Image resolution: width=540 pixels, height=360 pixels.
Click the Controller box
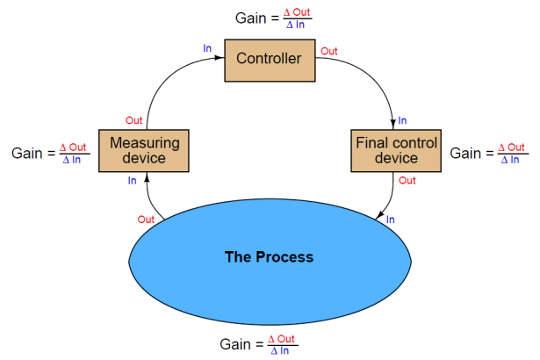(269, 60)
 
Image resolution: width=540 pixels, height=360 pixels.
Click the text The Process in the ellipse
(269, 257)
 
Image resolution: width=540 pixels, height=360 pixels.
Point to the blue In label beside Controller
(207, 49)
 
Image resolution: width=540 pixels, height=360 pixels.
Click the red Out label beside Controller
(329, 52)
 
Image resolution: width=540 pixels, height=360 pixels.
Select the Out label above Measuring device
(133, 120)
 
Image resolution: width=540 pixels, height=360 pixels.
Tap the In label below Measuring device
(133, 181)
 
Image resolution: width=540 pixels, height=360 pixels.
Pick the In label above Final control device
(403, 120)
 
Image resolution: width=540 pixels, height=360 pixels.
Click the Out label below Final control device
(407, 181)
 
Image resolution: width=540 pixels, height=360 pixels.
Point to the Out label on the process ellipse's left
(147, 219)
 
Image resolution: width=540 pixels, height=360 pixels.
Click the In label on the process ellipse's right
(391, 220)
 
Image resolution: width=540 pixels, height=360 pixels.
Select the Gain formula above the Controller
(273, 18)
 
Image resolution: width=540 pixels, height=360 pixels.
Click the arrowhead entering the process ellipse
(378, 217)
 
